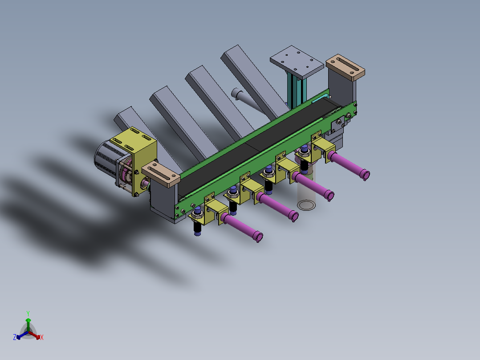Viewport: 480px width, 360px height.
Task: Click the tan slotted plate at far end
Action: tap(346, 66)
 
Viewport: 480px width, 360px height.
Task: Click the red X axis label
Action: tap(42, 338)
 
